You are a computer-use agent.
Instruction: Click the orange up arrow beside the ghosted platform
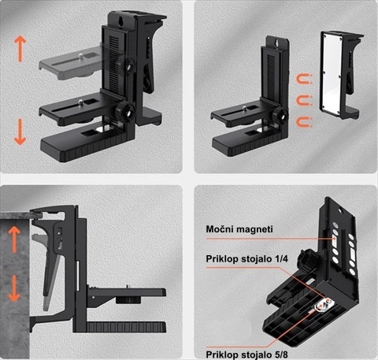pyautogui.click(x=20, y=49)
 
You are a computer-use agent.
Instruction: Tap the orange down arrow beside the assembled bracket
pyautogui.click(x=20, y=132)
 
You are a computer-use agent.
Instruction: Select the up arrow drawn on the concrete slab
pyautogui.click(x=14, y=239)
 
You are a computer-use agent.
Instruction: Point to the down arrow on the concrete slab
pyautogui.click(x=14, y=288)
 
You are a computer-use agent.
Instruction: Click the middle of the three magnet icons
pyautogui.click(x=304, y=101)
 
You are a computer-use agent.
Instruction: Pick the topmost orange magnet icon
pyautogui.click(x=304, y=80)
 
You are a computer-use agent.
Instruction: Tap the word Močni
pyautogui.click(x=219, y=229)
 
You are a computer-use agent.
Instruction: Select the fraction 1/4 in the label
pyautogui.click(x=281, y=259)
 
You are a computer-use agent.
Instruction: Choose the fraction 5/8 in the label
pyautogui.click(x=281, y=354)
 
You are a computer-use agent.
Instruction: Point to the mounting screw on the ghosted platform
pyautogui.click(x=81, y=55)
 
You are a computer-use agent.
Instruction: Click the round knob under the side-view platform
pyautogui.click(x=127, y=300)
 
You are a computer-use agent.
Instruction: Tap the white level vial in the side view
pyautogui.click(x=78, y=276)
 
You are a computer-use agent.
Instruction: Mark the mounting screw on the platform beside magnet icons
pyautogui.click(x=244, y=107)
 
